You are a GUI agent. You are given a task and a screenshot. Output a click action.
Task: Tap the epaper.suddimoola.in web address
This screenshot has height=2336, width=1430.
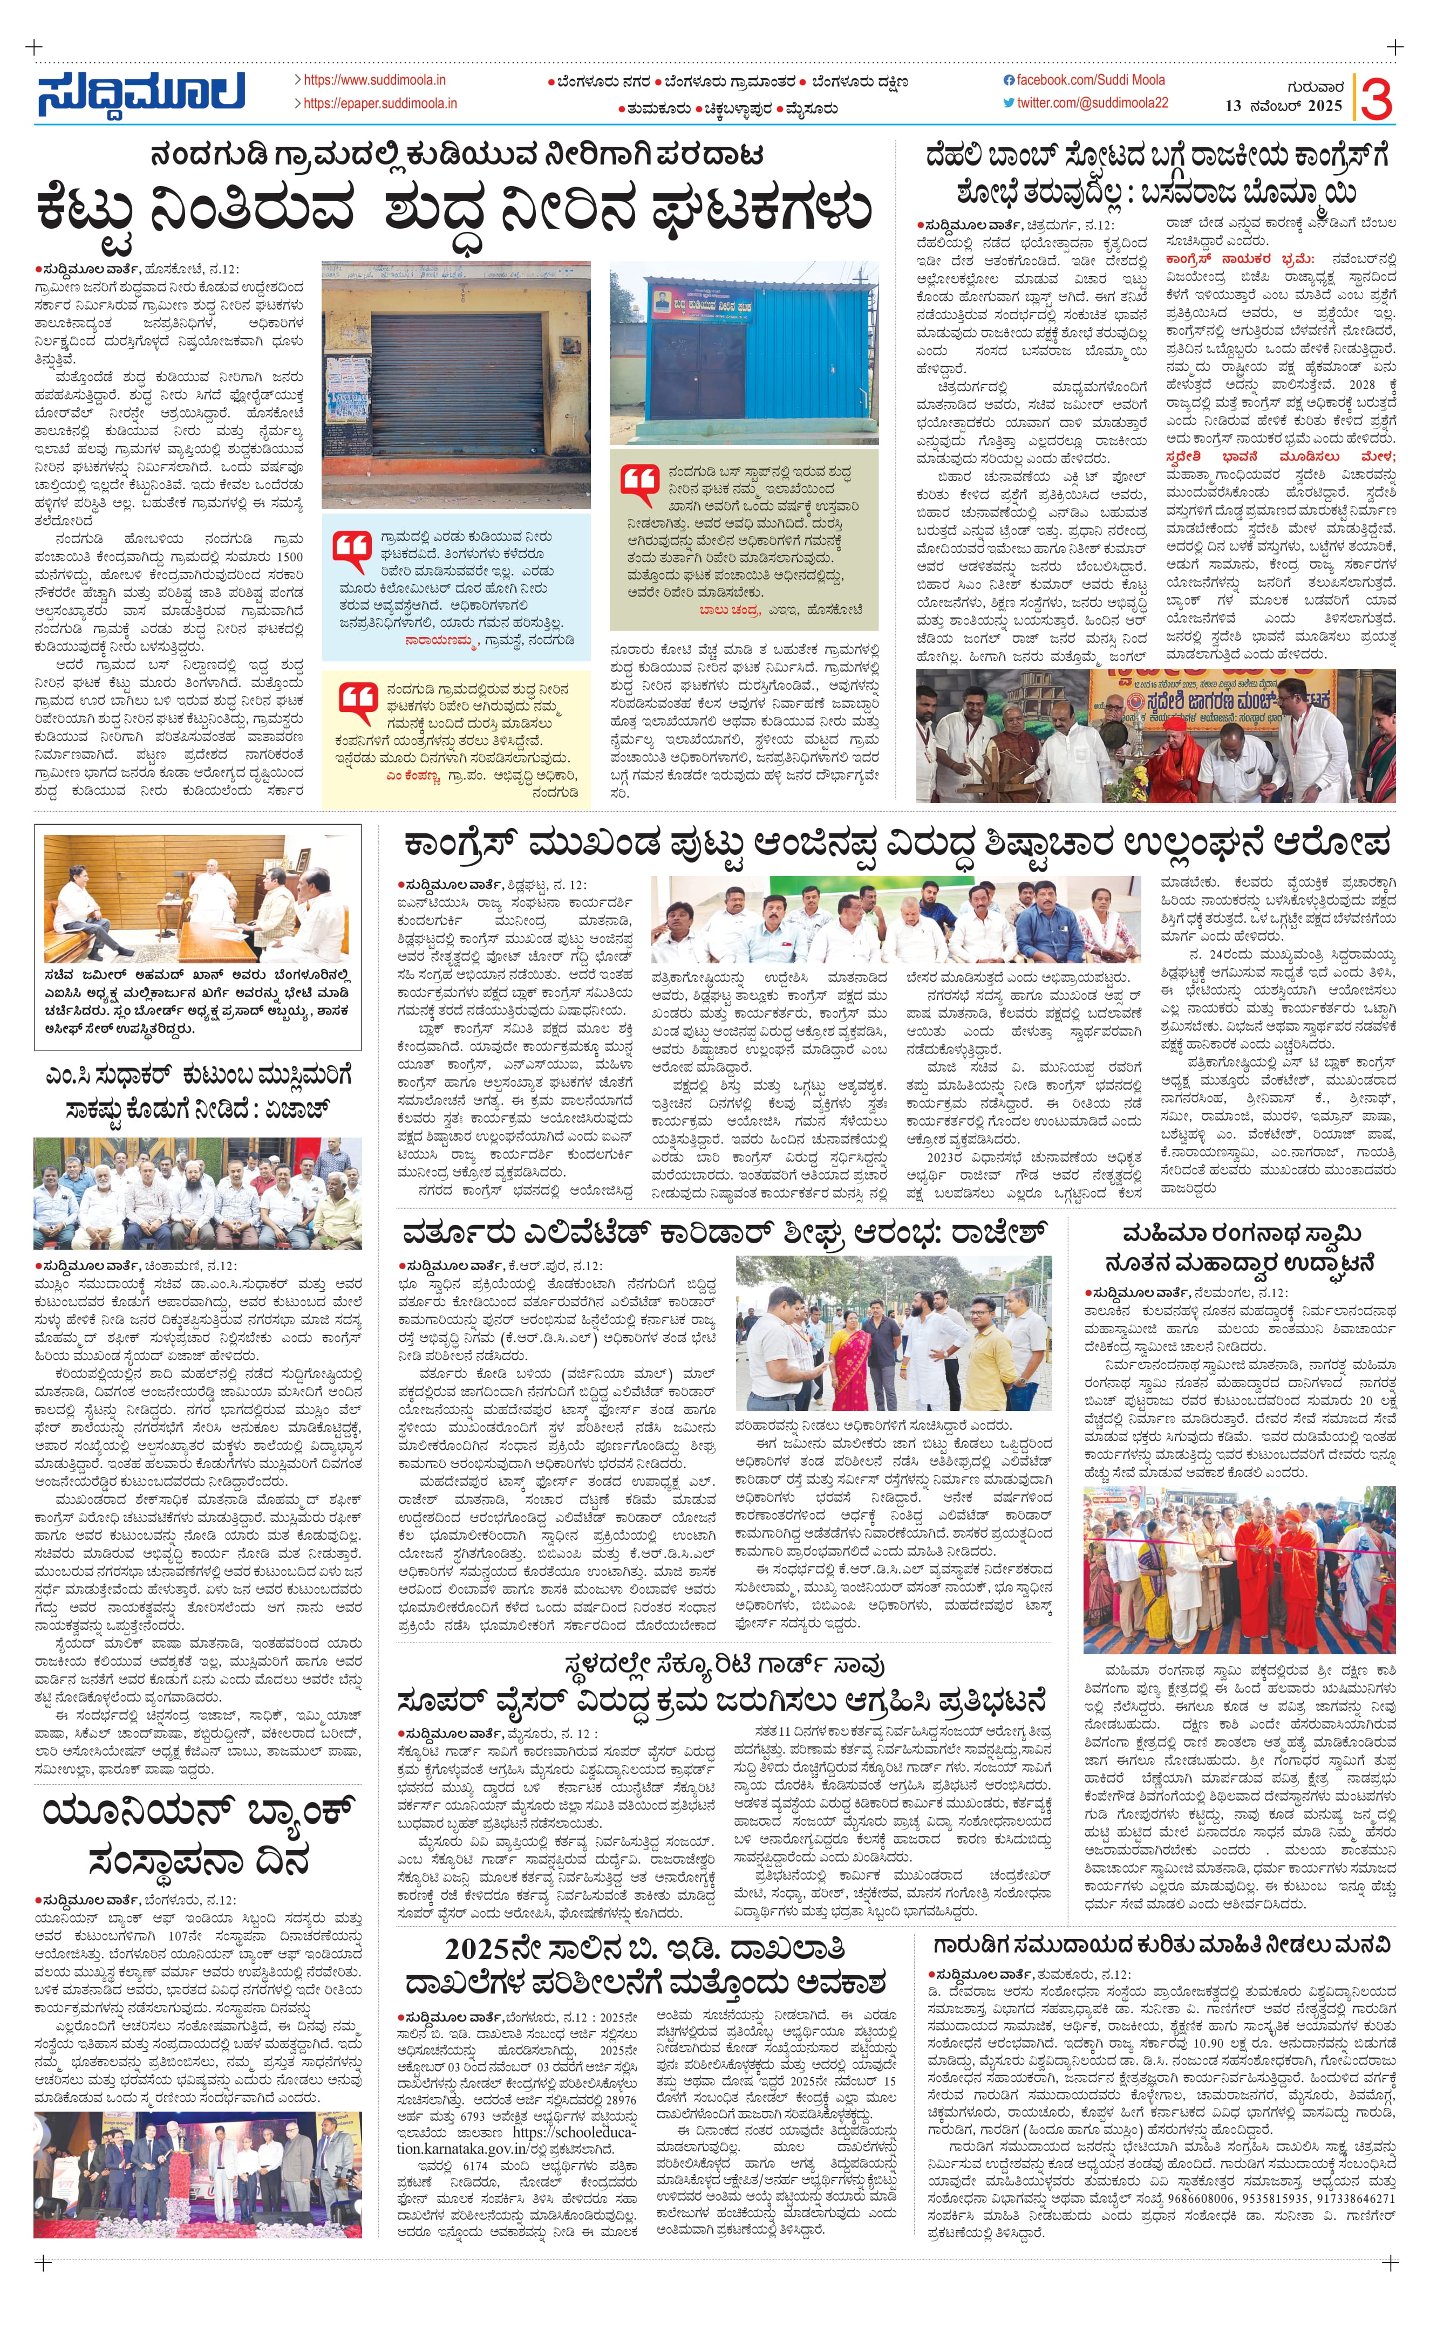coord(379,104)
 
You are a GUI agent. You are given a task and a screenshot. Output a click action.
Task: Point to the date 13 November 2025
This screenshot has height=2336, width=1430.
coord(1283,106)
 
